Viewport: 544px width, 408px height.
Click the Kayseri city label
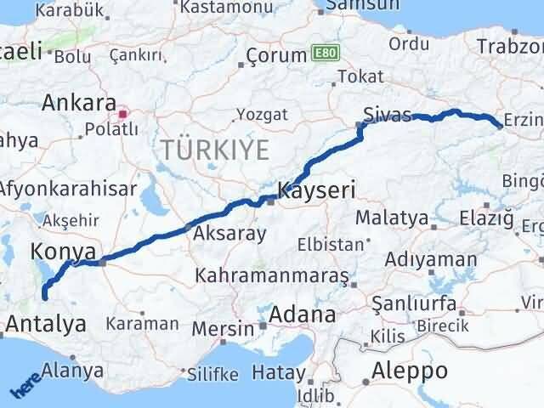(x=316, y=189)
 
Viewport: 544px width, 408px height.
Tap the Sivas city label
(x=387, y=115)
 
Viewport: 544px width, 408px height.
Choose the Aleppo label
(x=410, y=371)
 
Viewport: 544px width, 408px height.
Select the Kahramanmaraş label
(x=272, y=276)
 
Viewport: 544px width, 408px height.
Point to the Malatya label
(x=391, y=218)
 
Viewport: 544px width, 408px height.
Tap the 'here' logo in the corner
(x=25, y=387)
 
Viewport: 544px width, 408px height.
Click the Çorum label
(x=275, y=55)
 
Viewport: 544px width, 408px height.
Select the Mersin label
(x=224, y=328)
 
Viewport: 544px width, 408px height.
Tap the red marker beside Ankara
(x=123, y=112)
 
